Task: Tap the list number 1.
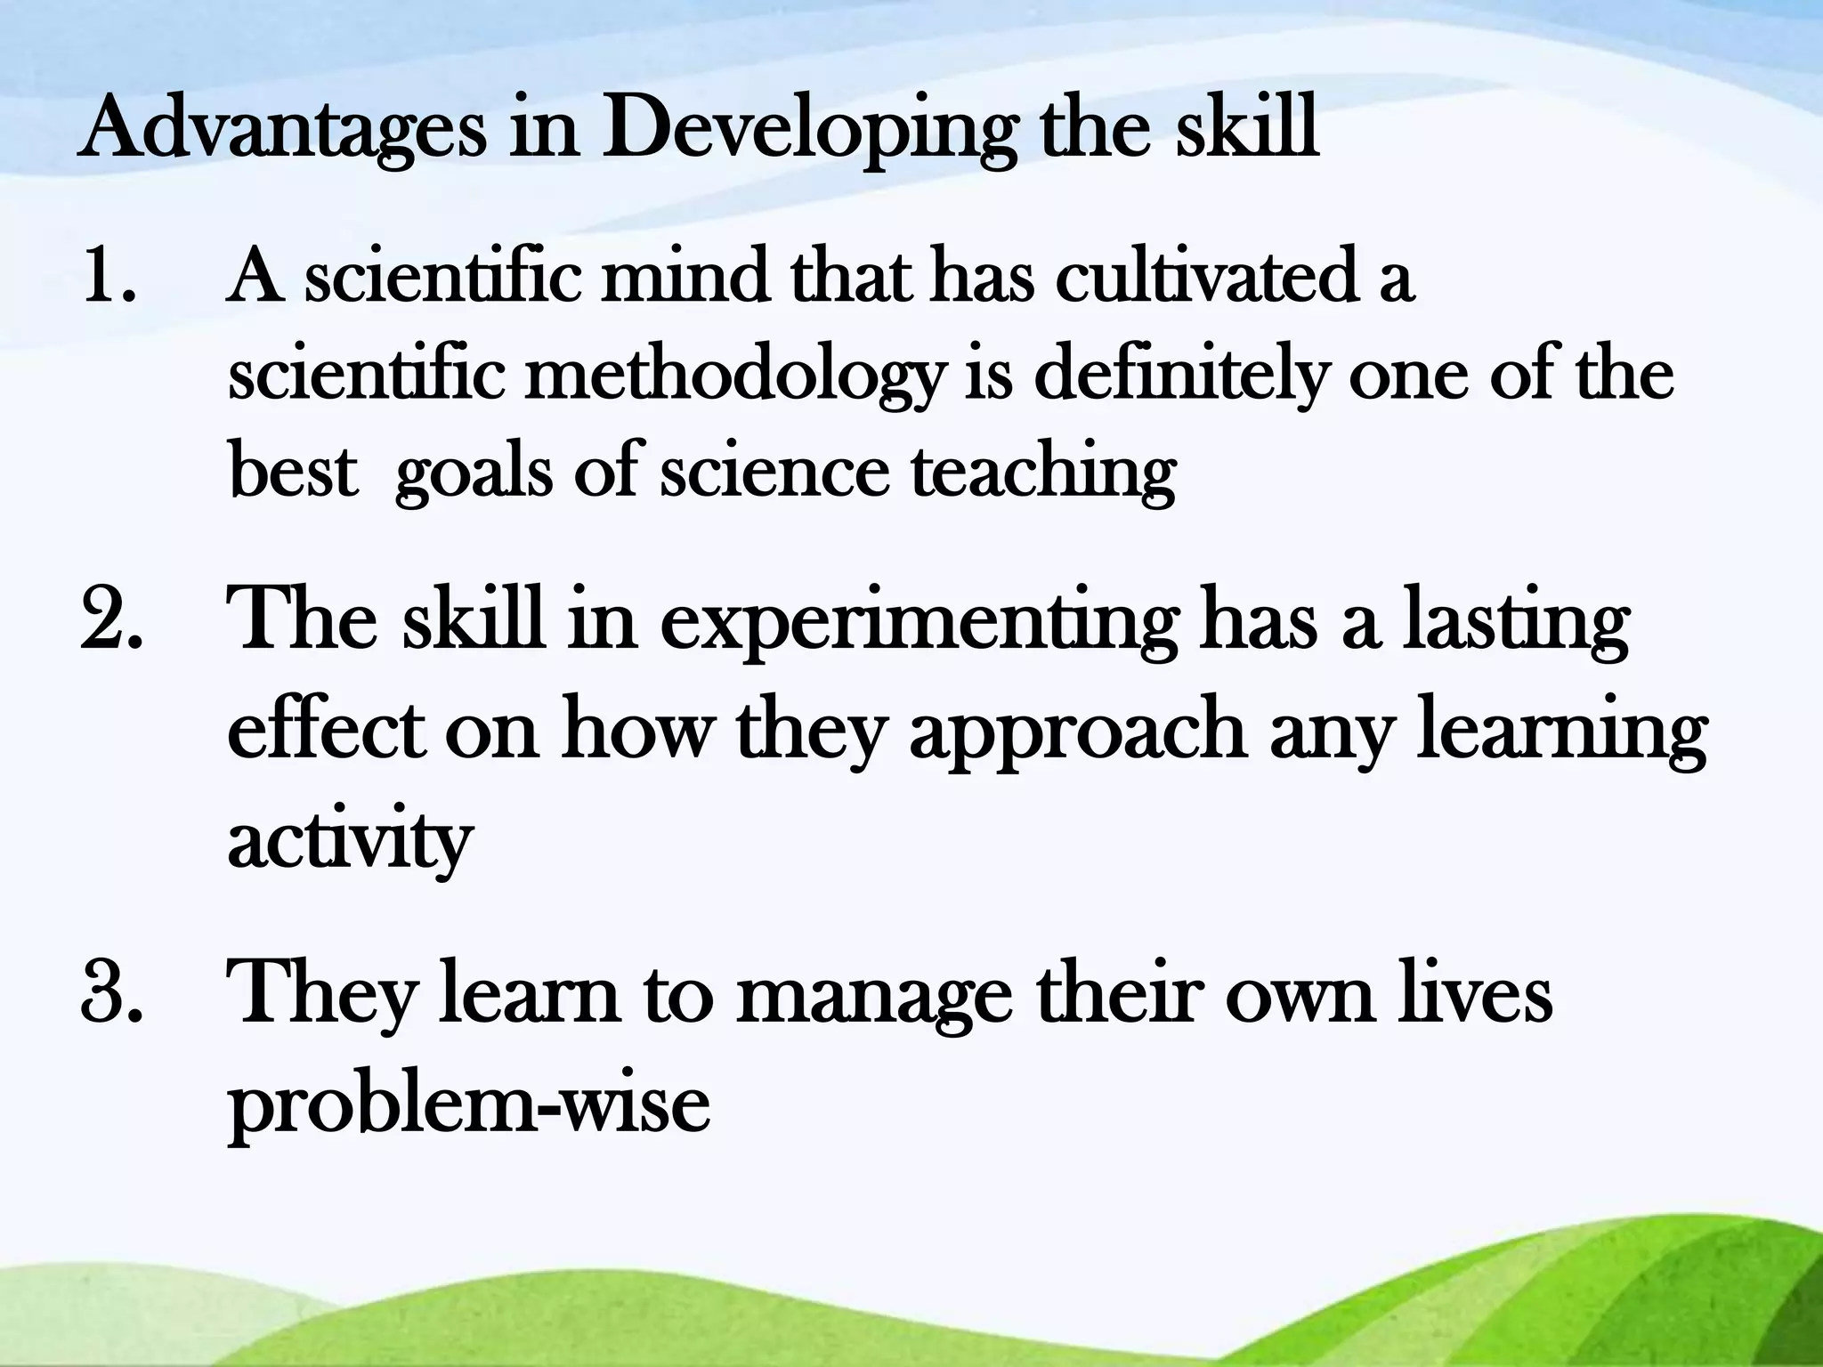[x=108, y=278]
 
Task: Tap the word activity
[x=349, y=841]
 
